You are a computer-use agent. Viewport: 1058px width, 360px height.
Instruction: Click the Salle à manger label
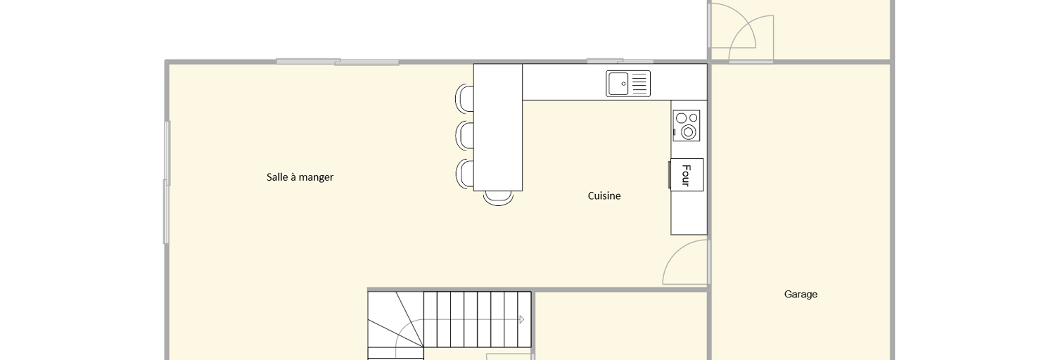tap(300, 177)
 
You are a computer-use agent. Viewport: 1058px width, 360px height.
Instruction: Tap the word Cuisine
tap(604, 195)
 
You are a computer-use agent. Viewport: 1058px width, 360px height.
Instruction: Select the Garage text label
tap(801, 295)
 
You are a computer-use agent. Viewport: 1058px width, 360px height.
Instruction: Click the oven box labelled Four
tap(687, 174)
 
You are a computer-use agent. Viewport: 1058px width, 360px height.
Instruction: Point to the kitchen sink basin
tap(618, 84)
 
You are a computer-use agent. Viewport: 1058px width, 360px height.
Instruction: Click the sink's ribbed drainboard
tap(639, 84)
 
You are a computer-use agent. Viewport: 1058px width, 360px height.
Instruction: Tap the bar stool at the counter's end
tap(498, 198)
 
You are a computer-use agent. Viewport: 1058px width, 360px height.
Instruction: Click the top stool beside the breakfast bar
tap(464, 98)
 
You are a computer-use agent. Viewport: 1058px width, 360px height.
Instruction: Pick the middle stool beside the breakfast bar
tap(464, 136)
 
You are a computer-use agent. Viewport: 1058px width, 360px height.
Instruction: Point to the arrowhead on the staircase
tap(522, 319)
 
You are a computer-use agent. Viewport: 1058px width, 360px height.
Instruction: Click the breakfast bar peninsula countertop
tap(498, 127)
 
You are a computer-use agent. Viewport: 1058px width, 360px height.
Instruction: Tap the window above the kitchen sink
tap(620, 61)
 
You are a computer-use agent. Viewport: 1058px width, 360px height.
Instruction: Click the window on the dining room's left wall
tap(167, 182)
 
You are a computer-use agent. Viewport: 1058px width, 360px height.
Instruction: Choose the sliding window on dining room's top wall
tap(337, 62)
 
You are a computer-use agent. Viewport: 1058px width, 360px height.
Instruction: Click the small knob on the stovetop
tap(675, 132)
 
